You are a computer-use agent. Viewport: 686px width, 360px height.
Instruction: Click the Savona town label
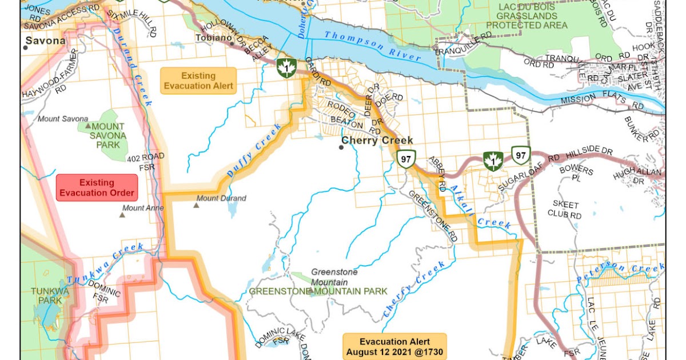point(46,41)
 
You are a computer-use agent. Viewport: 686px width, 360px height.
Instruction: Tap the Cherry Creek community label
point(377,140)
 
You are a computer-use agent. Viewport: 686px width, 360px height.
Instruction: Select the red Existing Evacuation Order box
point(97,187)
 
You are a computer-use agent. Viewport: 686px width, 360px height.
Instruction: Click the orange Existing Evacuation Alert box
point(198,81)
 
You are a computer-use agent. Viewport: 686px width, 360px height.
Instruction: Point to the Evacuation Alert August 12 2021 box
point(395,346)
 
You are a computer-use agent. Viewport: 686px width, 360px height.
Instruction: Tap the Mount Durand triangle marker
point(197,204)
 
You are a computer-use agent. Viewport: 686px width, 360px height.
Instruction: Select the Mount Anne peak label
point(143,208)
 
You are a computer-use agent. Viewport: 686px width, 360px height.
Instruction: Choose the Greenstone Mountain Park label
point(318,291)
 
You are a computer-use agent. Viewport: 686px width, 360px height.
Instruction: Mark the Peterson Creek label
point(620,272)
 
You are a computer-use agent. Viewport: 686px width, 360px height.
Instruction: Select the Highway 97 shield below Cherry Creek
point(405,159)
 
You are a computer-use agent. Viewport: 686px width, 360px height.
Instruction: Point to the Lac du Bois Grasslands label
point(526,15)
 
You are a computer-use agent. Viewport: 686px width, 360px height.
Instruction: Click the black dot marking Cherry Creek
point(341,147)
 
